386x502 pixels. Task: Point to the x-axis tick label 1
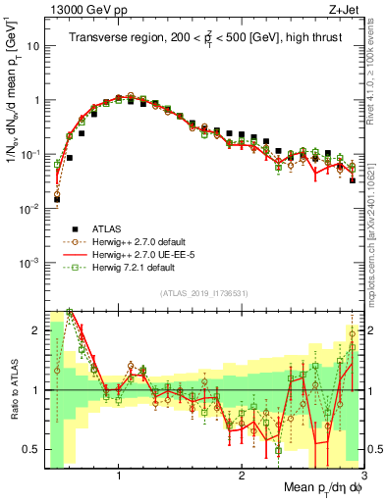point(119,477)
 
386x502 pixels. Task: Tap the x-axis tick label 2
point(242,477)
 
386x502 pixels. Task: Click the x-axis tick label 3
point(362,477)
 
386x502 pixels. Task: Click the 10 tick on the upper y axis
point(35,46)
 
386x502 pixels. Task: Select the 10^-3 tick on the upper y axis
point(32,262)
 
